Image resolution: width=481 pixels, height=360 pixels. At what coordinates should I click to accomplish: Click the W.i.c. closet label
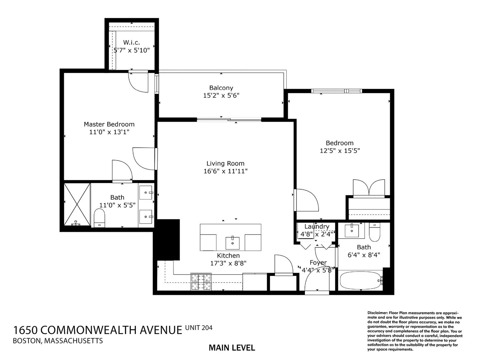click(x=131, y=42)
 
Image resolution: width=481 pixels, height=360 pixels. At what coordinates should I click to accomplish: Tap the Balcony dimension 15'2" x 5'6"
click(x=221, y=95)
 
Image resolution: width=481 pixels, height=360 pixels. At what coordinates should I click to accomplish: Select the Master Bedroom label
click(x=109, y=124)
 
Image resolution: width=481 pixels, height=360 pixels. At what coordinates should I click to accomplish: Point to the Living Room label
click(x=225, y=163)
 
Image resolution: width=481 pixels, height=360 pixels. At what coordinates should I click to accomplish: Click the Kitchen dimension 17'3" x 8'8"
click(x=228, y=263)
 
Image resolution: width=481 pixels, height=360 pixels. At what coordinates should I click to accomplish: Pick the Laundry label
click(x=317, y=226)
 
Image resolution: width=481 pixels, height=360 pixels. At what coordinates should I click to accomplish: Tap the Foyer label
click(x=318, y=262)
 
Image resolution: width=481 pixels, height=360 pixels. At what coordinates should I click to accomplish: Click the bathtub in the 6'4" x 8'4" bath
click(x=361, y=281)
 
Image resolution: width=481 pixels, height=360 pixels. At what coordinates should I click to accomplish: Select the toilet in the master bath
click(x=99, y=218)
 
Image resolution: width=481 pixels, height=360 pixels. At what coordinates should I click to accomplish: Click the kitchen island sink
click(x=232, y=243)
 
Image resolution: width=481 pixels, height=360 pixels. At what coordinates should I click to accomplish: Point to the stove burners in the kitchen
click(x=201, y=282)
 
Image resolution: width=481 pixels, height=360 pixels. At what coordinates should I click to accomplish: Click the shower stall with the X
click(x=77, y=205)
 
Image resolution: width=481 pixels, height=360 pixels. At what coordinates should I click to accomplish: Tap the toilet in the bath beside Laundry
click(x=375, y=232)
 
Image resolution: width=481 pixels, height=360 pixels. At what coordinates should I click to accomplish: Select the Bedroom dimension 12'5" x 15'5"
click(x=340, y=151)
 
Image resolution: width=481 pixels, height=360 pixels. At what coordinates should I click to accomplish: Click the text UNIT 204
click(x=199, y=328)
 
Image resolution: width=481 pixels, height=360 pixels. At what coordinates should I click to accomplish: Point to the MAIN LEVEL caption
click(x=232, y=348)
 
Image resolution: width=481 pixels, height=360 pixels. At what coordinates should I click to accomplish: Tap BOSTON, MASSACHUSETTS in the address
click(x=58, y=341)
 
